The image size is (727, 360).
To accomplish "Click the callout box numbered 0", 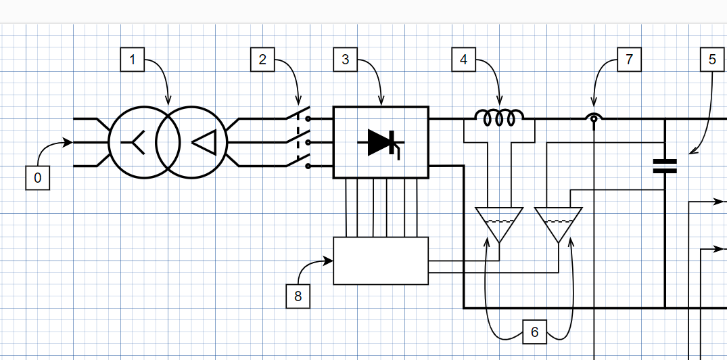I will pos(37,179).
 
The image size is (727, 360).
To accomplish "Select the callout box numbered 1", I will pos(132,60).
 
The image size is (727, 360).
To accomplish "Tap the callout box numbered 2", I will pos(262,60).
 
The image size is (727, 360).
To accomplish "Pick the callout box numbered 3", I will pos(346,60).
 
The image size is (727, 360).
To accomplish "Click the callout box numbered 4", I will pos(463,60).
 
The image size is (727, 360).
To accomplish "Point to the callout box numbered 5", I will pos(712,60).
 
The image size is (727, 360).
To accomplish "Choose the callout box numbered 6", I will pos(534,332).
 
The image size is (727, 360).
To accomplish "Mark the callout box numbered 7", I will pos(629,60).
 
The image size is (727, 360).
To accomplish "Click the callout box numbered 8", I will pos(298,296).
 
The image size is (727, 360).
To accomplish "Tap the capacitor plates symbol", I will pos(665,166).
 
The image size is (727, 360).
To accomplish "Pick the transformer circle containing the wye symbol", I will pos(143,142).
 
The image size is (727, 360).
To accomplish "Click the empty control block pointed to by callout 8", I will pos(381,261).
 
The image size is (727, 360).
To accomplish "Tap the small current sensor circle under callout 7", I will pos(594,119).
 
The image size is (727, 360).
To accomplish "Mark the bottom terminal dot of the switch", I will pos(308,166).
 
